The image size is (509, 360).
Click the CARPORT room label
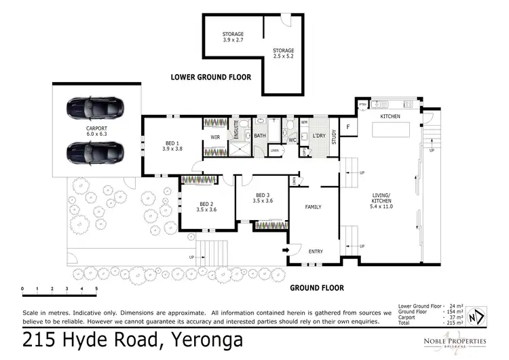[96, 131]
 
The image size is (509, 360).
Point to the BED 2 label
[207, 206]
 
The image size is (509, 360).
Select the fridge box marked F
[347, 127]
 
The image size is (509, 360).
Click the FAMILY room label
[313, 207]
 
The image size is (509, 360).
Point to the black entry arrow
[286, 250]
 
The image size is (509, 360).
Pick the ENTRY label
[316, 251]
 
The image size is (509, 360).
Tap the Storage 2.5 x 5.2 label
[284, 54]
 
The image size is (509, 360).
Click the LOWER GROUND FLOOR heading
[210, 77]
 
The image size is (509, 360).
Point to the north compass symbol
[478, 317]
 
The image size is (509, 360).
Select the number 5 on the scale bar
[96, 289]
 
